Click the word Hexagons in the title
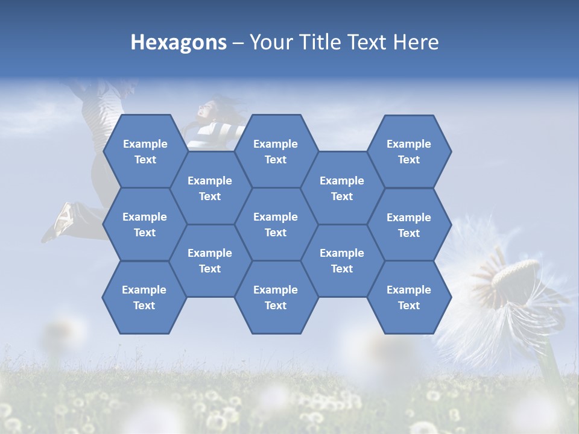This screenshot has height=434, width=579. pos(179,42)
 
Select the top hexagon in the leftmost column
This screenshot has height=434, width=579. pos(145,151)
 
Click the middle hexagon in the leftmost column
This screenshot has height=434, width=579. pos(145,224)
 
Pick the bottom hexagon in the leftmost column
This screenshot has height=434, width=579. pos(144,297)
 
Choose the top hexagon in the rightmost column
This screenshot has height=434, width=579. pos(409,151)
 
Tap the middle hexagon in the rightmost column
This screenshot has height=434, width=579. pos(409,225)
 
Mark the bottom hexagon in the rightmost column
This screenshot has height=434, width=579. pos(409,297)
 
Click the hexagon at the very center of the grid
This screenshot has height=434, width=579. pos(276,224)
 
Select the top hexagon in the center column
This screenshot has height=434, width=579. pos(276,151)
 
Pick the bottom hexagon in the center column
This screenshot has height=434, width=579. pos(276,297)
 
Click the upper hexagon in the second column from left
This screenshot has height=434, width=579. pos(210,188)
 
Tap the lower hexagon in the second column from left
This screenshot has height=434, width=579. pos(210,260)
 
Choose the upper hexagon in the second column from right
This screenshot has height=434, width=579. pos(342,188)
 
